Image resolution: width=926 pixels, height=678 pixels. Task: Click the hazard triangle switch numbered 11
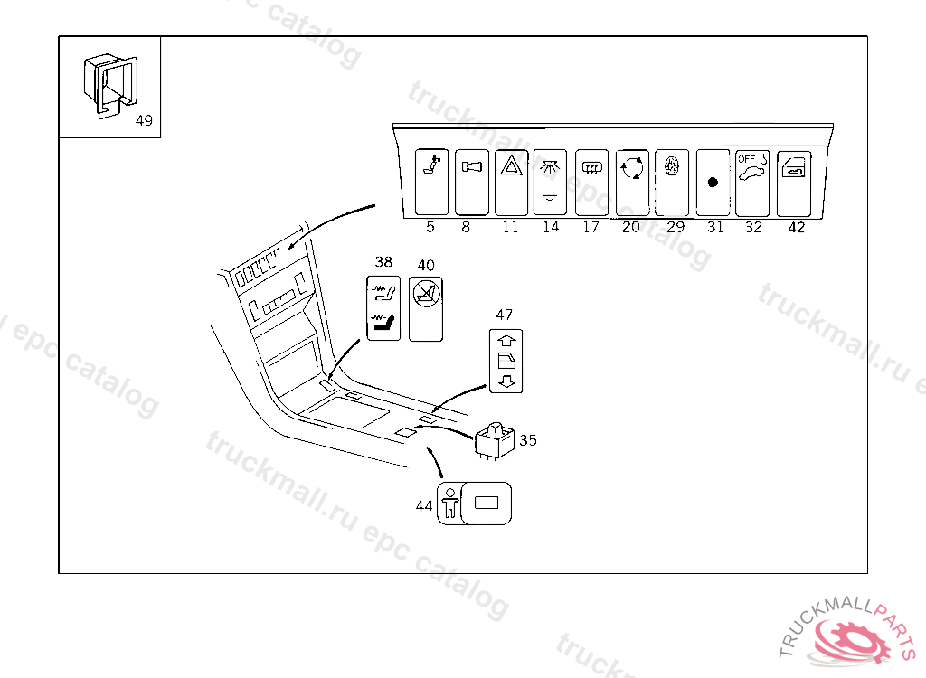click(x=511, y=182)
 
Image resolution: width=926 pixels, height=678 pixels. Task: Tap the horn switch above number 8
click(x=471, y=182)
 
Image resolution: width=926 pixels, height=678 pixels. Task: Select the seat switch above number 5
click(x=431, y=182)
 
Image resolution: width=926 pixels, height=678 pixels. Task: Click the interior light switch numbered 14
click(x=550, y=182)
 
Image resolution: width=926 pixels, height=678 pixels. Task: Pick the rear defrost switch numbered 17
click(x=591, y=182)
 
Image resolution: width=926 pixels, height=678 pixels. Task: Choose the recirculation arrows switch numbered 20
click(x=631, y=182)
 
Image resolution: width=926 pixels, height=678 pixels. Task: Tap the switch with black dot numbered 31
click(x=713, y=182)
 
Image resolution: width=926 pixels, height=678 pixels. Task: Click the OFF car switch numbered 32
click(x=751, y=182)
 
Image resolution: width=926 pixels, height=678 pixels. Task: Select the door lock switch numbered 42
click(x=793, y=182)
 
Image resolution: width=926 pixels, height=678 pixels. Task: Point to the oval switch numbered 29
click(x=671, y=182)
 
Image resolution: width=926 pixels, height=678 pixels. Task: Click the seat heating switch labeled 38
click(x=384, y=307)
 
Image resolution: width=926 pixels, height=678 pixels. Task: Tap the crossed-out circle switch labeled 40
click(x=425, y=307)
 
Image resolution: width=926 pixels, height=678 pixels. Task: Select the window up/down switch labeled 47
click(x=506, y=360)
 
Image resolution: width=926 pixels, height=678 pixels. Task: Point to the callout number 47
click(x=504, y=315)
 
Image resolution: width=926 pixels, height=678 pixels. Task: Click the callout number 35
click(x=528, y=440)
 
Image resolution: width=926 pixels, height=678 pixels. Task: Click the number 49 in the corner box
click(x=144, y=121)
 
